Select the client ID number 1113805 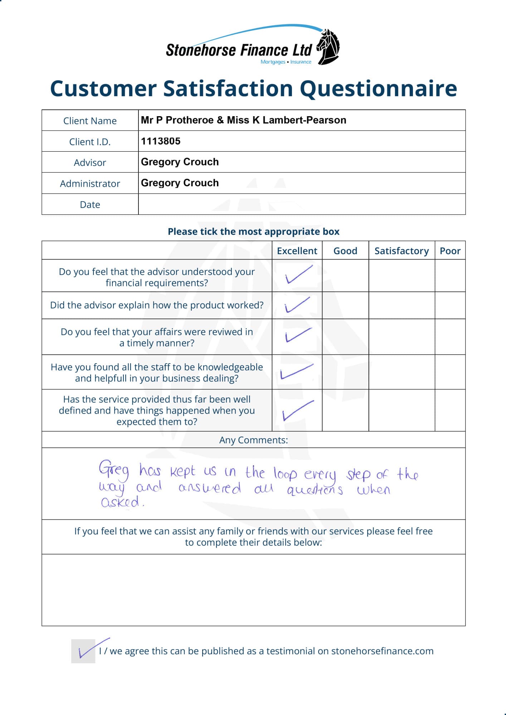pyautogui.click(x=161, y=141)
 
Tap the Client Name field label pyautogui.click(x=90, y=121)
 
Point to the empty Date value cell pyautogui.click(x=301, y=204)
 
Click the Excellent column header pyautogui.click(x=297, y=251)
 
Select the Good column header pyautogui.click(x=345, y=251)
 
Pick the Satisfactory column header pyautogui.click(x=402, y=251)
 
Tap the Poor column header pyautogui.click(x=450, y=251)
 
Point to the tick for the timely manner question pyautogui.click(x=298, y=335)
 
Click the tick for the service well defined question pyautogui.click(x=298, y=410)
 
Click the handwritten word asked pyautogui.click(x=121, y=502)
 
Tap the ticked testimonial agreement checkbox pyautogui.click(x=83, y=651)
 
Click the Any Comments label pyautogui.click(x=253, y=440)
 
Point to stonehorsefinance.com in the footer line pyautogui.click(x=382, y=651)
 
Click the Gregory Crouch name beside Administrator pyautogui.click(x=180, y=183)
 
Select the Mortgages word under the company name pyautogui.click(x=273, y=62)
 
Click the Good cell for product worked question pyautogui.click(x=345, y=305)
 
